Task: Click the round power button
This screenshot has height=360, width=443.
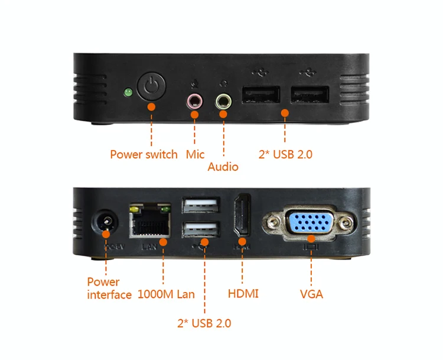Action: pyautogui.click(x=151, y=87)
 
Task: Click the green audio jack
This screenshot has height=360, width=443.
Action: pyautogui.click(x=223, y=102)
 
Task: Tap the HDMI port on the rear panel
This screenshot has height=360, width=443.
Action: pyautogui.click(x=242, y=216)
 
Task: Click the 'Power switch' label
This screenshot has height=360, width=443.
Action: pyautogui.click(x=144, y=154)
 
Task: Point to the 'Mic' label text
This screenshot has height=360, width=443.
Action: pyautogui.click(x=195, y=154)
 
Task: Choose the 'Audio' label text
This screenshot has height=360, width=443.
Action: pyautogui.click(x=223, y=167)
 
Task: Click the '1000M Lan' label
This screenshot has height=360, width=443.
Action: pyautogui.click(x=166, y=294)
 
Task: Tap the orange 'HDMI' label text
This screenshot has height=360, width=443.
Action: pyautogui.click(x=243, y=294)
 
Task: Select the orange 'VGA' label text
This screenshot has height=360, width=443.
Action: pyautogui.click(x=311, y=294)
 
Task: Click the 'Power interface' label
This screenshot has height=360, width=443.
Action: pyautogui.click(x=109, y=288)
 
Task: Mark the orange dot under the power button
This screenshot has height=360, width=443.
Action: pyautogui.click(x=151, y=107)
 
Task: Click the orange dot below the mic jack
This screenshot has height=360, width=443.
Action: pyautogui.click(x=195, y=113)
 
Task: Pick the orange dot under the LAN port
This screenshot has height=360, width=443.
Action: pyautogui.click(x=162, y=241)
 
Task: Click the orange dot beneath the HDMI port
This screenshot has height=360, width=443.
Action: pyautogui.click(x=242, y=241)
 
